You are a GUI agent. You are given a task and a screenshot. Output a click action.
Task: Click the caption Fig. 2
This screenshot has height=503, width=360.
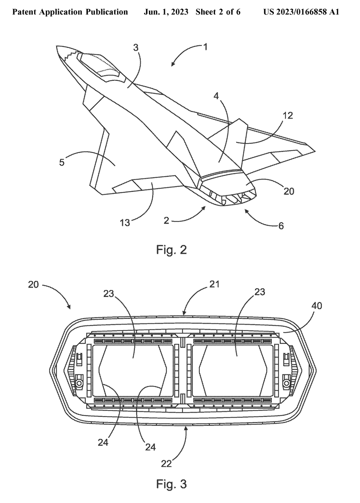point(171,250)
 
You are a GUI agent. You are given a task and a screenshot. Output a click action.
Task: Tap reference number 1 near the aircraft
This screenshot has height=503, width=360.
point(205,47)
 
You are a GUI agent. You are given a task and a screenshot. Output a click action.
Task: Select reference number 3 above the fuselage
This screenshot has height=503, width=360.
point(136,48)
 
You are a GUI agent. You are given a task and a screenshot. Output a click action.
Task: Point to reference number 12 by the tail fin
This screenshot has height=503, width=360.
point(288,116)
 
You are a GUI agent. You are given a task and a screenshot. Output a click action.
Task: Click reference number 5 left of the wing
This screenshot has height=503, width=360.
point(62,162)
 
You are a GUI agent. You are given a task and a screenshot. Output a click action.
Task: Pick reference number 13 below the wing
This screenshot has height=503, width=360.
point(125,222)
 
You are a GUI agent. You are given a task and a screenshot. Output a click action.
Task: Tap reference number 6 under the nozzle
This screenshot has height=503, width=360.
point(281,226)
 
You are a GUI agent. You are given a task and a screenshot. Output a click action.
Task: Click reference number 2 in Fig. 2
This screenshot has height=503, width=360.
point(166,220)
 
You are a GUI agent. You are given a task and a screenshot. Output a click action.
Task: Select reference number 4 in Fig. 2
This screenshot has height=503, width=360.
point(216,96)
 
